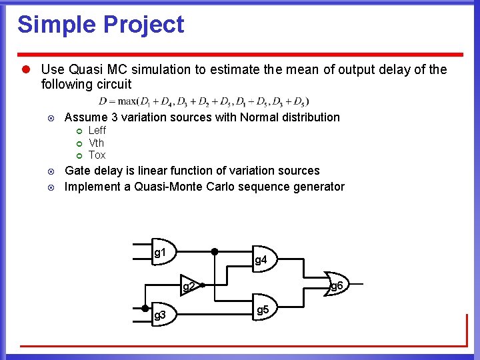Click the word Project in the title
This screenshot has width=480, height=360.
coord(141,25)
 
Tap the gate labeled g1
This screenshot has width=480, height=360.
coord(162,252)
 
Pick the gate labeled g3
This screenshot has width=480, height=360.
coord(162,314)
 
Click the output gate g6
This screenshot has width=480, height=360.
coord(333,285)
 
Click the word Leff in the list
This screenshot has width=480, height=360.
coord(97,131)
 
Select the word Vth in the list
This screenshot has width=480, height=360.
coord(97,143)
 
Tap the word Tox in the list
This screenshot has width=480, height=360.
coord(97,155)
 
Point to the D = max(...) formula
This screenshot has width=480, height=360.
coord(203,101)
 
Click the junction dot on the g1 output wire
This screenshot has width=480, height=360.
coord(215,252)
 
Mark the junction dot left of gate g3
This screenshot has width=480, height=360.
coord(146,308)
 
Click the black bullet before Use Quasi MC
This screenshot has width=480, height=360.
coord(26,69)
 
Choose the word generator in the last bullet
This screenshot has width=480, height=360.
coord(319,187)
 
